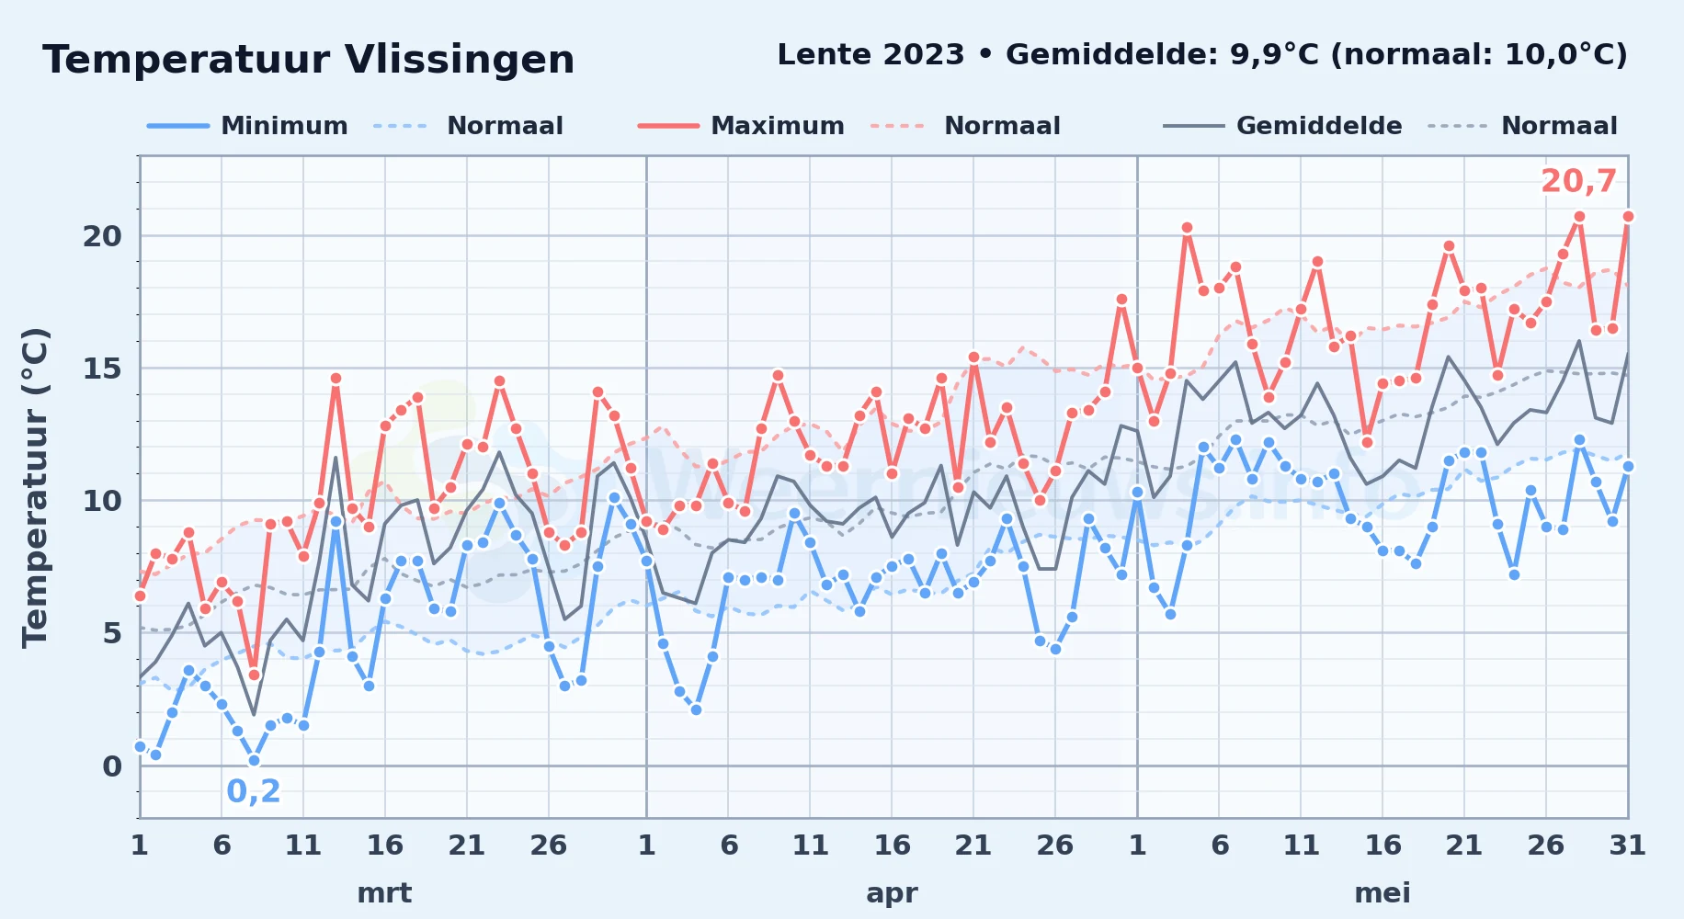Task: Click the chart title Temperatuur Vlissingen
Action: [309, 60]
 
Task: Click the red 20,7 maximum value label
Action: [1578, 181]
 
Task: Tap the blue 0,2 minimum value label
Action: [254, 791]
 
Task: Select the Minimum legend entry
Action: [248, 126]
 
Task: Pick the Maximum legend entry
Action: [741, 126]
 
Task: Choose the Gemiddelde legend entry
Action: [1283, 126]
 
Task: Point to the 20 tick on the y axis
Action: [102, 236]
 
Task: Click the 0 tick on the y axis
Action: [112, 766]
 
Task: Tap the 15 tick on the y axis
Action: [102, 369]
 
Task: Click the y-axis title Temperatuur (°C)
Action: [35, 488]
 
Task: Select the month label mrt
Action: [384, 892]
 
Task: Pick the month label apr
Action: [892, 892]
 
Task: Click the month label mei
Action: [1382, 892]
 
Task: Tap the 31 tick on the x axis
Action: [1627, 845]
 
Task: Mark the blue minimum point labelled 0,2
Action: [254, 760]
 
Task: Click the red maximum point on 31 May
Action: [1628, 217]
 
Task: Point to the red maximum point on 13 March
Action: [336, 379]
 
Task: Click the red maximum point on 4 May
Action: [1187, 228]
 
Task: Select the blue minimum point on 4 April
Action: [696, 709]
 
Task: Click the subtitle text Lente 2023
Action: [870, 54]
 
